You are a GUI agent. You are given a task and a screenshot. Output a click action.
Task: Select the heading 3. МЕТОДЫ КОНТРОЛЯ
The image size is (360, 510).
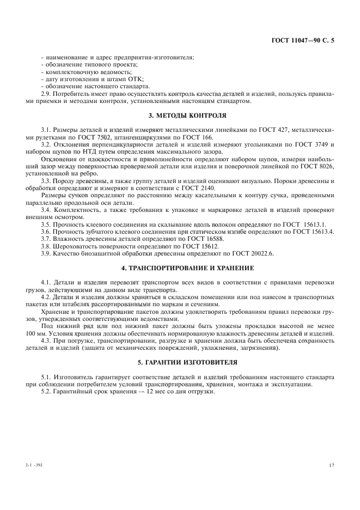[x=180, y=115]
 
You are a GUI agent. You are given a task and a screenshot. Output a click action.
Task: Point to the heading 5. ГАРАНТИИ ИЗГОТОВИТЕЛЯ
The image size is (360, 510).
[x=180, y=362]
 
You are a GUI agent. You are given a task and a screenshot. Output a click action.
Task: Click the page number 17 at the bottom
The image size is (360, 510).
[x=331, y=465]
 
